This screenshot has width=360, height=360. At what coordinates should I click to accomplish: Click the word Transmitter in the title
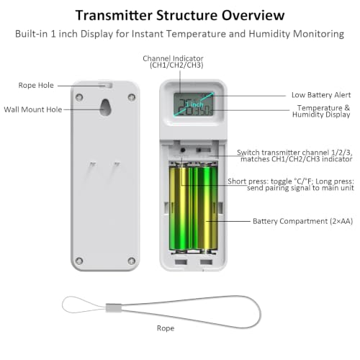pyautogui.click(x=114, y=15)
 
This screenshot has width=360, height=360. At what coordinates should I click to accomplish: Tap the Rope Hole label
pyautogui.click(x=36, y=85)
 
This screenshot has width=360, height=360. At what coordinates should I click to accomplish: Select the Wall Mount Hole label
pyautogui.click(x=33, y=109)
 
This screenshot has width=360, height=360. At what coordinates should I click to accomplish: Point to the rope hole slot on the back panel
pyautogui.click(x=106, y=85)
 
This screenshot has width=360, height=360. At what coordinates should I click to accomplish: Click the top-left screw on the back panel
pyautogui.click(x=79, y=97)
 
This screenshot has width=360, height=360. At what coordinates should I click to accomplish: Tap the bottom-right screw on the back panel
pyautogui.click(x=131, y=261)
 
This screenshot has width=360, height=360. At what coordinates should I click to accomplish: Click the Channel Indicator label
pyautogui.click(x=173, y=62)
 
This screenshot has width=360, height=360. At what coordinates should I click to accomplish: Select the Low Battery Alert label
pyautogui.click(x=321, y=95)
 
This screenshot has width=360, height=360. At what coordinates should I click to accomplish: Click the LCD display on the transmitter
pyautogui.click(x=194, y=104)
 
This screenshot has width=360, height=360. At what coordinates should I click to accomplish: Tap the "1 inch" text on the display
pyautogui.click(x=194, y=104)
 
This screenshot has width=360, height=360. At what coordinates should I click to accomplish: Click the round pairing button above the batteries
pyautogui.click(x=183, y=150)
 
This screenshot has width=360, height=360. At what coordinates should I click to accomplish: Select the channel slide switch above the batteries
pyautogui.click(x=203, y=150)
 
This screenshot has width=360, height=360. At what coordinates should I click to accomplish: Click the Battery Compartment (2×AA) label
pyautogui.click(x=303, y=221)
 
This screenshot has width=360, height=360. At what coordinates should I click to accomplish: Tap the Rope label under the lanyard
pyautogui.click(x=166, y=328)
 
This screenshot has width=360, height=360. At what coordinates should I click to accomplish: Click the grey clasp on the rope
pyautogui.click(x=114, y=308)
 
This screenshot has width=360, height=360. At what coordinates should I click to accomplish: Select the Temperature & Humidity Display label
pyautogui.click(x=321, y=111)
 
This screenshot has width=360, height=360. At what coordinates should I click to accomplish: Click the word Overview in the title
pyautogui.click(x=253, y=15)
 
